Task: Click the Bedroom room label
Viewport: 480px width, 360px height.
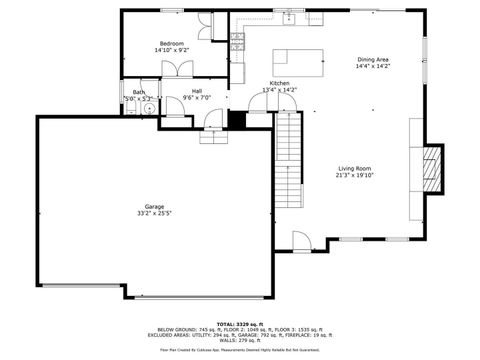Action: click(171, 43)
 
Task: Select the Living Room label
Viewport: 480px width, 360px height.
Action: click(354, 168)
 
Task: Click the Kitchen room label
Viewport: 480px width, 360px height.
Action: click(279, 83)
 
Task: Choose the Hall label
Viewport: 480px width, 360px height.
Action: click(197, 91)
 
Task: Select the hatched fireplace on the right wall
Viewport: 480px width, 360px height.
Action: click(431, 169)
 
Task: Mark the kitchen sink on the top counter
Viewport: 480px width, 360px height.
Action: click(290, 17)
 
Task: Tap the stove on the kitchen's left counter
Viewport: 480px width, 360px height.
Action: click(238, 40)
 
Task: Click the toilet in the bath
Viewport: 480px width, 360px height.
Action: click(147, 109)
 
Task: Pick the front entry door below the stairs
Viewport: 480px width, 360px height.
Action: click(302, 243)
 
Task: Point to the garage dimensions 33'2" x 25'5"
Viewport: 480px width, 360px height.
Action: click(154, 214)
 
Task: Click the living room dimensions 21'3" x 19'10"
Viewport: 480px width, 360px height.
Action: click(354, 176)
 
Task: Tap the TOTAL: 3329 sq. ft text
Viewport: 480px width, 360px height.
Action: click(240, 324)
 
